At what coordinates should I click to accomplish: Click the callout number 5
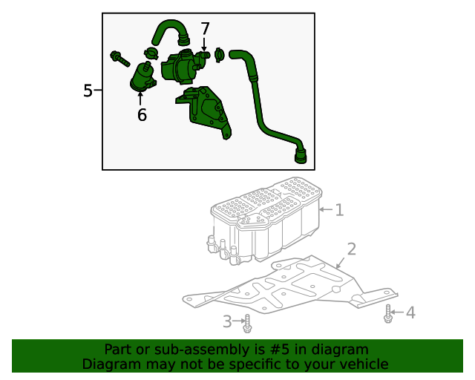pos(88,91)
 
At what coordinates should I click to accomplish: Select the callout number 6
pos(142,115)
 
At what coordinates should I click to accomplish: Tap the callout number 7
pos(205,29)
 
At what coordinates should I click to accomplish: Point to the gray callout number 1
pos(339,210)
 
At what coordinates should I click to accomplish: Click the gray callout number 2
pos(351,249)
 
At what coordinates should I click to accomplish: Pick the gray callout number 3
pos(228,321)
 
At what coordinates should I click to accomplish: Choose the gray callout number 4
pos(410,312)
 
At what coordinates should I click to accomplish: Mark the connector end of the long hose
pos(301,155)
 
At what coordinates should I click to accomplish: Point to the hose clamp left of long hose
pos(219,54)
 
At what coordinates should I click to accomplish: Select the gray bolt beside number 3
pos(248,324)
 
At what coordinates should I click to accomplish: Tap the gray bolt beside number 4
pos(388,314)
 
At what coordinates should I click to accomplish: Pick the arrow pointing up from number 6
pos(141,99)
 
